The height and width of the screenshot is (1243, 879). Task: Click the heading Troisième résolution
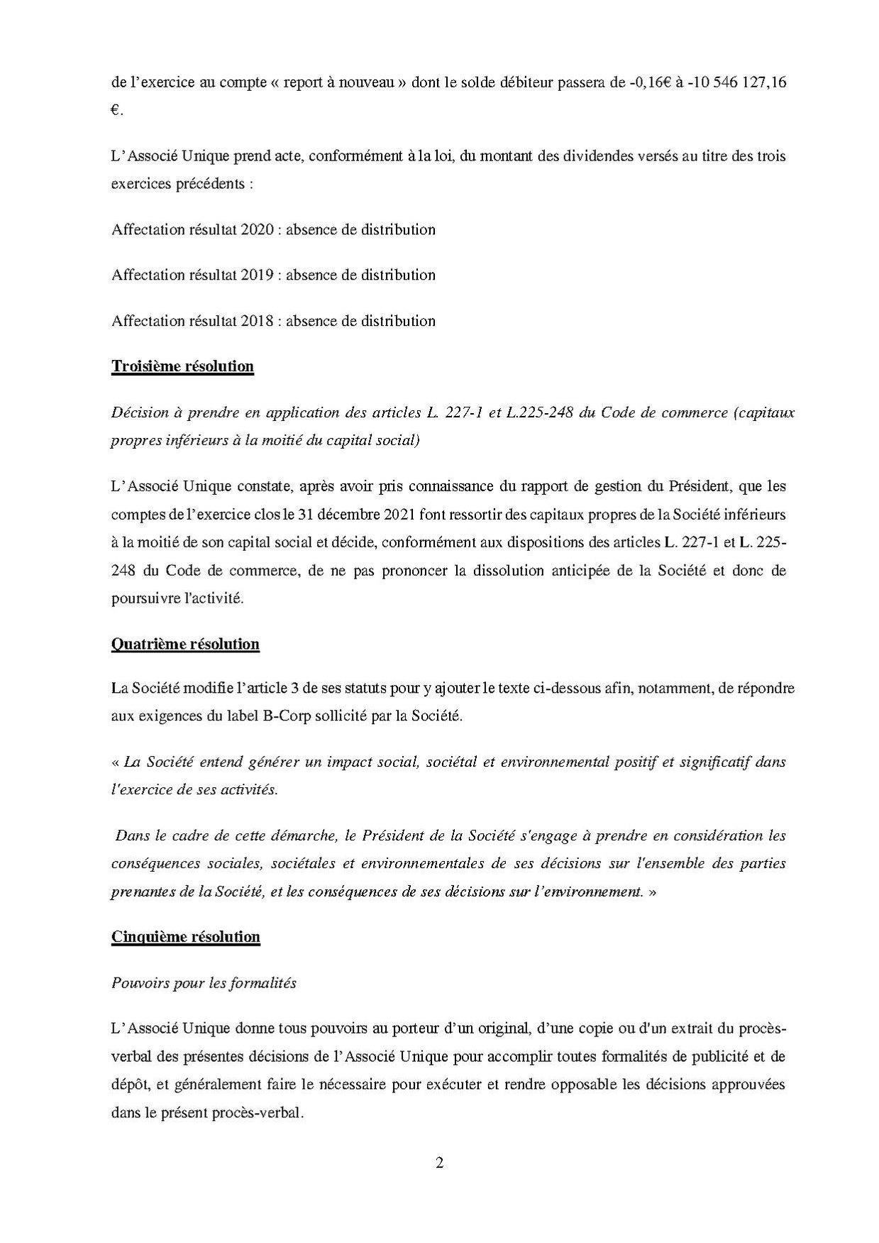pyautogui.click(x=182, y=366)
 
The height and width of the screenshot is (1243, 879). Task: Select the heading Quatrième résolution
pyautogui.click(x=185, y=644)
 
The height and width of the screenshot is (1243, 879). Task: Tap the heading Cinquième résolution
pyautogui.click(x=186, y=936)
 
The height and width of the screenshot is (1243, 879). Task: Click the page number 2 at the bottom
pyautogui.click(x=439, y=1163)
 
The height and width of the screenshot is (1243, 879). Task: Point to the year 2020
pyautogui.click(x=258, y=229)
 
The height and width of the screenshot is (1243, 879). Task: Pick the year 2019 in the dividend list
pyautogui.click(x=258, y=275)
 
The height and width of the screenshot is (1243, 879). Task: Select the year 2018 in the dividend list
pyautogui.click(x=258, y=321)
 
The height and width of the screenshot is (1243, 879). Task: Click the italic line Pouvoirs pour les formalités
pyautogui.click(x=204, y=982)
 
